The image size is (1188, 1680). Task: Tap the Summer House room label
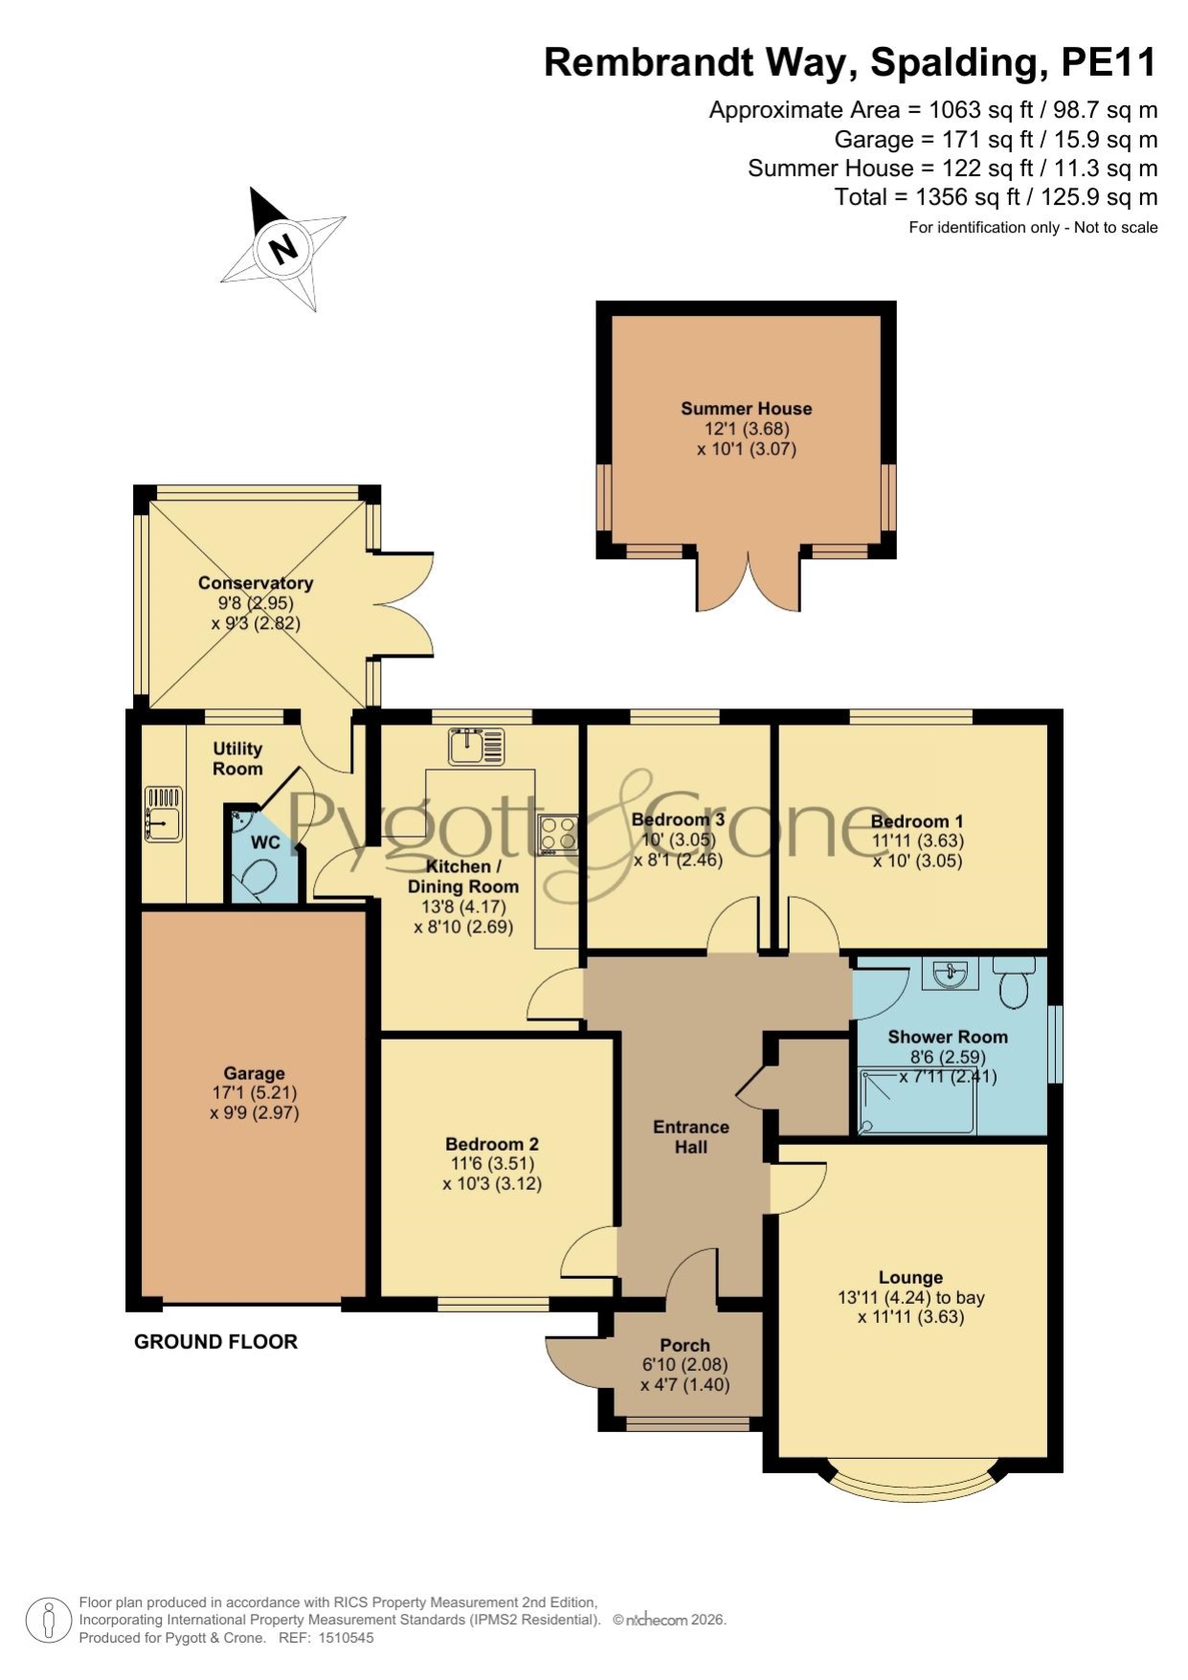click(x=746, y=409)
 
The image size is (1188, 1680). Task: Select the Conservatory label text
click(x=256, y=583)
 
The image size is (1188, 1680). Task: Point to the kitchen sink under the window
click(x=476, y=747)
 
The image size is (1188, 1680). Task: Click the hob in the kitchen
click(x=557, y=834)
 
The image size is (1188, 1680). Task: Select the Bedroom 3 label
click(x=678, y=819)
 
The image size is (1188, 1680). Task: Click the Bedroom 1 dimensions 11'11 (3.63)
click(x=917, y=840)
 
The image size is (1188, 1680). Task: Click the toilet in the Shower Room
click(x=1014, y=981)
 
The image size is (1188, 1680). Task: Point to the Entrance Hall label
click(x=691, y=1136)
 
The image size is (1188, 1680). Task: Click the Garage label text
click(x=255, y=1074)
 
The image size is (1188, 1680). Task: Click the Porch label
click(x=684, y=1345)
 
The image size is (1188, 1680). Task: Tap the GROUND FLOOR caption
click(x=215, y=1342)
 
